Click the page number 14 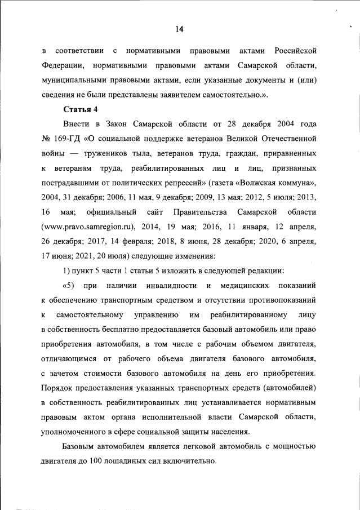pyautogui.click(x=180, y=29)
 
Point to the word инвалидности pyautogui.click(x=168, y=286)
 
